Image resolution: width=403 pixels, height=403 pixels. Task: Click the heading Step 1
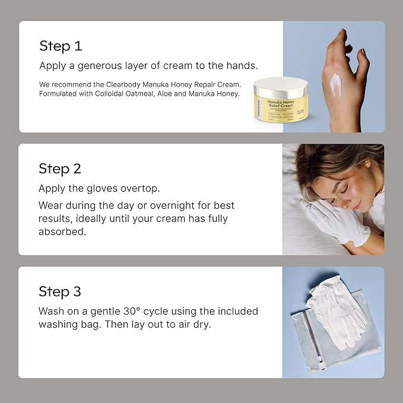click(60, 46)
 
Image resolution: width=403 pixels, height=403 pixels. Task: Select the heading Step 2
click(60, 169)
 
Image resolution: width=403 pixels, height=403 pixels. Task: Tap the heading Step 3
click(60, 291)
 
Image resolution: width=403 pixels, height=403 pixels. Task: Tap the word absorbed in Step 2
click(62, 232)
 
